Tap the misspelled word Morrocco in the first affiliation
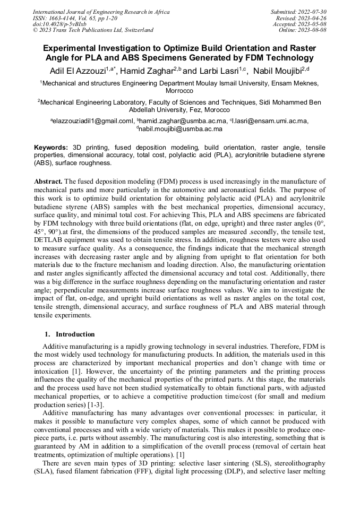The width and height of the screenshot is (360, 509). click(x=179, y=91)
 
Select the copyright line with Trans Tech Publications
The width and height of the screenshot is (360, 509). click(x=93, y=30)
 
